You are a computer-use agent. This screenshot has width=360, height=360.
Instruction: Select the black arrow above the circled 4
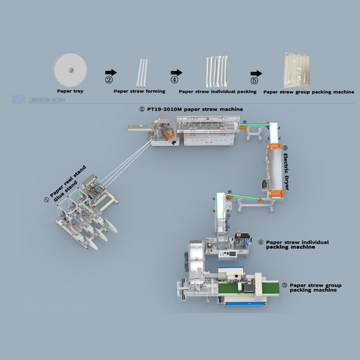click(176, 72)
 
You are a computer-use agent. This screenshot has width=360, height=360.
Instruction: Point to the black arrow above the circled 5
click(255, 72)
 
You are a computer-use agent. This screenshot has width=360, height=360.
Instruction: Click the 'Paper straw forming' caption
click(139, 92)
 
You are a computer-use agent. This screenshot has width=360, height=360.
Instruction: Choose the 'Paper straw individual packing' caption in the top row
click(217, 92)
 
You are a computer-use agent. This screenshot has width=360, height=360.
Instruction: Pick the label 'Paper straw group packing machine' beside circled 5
click(315, 287)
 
